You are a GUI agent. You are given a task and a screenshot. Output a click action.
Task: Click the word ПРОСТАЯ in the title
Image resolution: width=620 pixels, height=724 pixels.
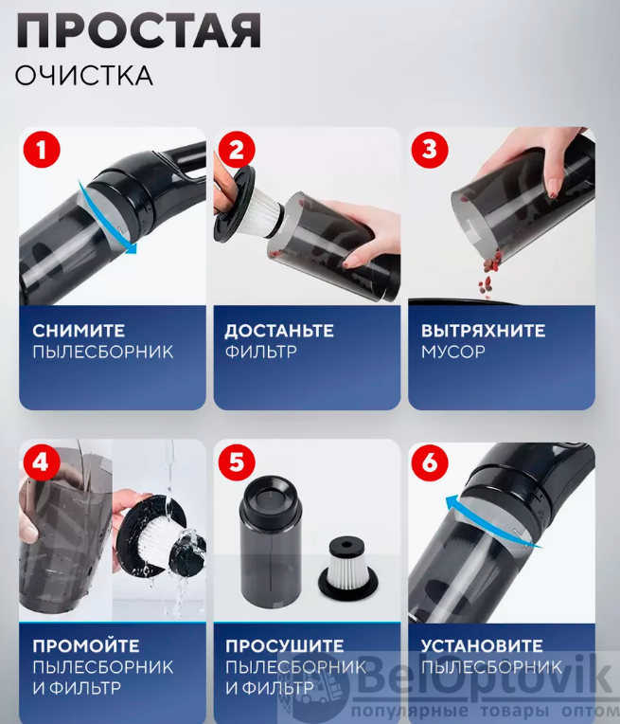[x=138, y=30]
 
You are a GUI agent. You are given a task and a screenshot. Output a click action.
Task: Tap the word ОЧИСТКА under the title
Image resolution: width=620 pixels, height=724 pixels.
[x=84, y=75]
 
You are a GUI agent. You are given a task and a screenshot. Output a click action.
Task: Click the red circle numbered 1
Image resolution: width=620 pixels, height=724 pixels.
[x=42, y=150]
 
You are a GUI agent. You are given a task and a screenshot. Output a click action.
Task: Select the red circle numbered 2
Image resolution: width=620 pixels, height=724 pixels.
[x=237, y=150]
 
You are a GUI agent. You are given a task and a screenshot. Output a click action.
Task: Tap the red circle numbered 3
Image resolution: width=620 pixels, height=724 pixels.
[x=430, y=150]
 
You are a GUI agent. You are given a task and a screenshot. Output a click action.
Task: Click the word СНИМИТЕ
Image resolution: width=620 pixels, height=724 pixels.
[x=79, y=331]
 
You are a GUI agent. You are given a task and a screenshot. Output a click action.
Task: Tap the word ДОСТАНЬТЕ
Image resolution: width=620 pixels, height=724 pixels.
[x=279, y=331]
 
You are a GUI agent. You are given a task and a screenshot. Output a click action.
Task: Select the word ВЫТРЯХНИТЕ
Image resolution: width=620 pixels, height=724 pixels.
[x=483, y=331]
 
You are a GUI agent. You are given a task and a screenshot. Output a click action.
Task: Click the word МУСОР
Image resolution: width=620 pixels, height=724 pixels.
[x=453, y=352]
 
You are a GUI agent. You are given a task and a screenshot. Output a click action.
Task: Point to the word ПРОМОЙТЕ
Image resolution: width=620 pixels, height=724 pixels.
[x=86, y=645]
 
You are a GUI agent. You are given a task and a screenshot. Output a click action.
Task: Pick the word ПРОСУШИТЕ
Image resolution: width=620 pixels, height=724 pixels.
[x=285, y=645]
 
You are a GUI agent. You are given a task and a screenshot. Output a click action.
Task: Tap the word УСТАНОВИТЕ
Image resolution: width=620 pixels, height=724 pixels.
[x=482, y=645]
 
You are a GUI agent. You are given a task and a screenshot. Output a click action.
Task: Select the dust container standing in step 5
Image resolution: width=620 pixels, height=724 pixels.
[x=271, y=542]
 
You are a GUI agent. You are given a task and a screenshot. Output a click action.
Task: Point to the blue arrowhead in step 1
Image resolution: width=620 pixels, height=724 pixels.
[x=132, y=248]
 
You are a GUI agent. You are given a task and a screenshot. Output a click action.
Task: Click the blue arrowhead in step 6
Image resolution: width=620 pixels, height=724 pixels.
[x=452, y=502]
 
